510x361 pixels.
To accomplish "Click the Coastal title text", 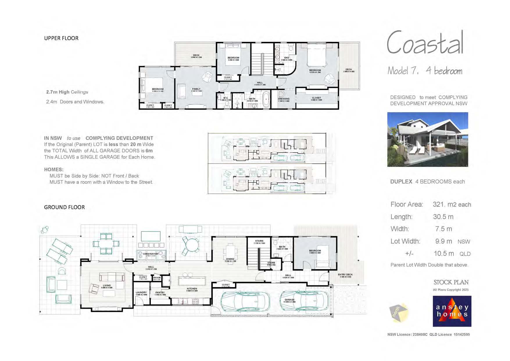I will coord(425,43).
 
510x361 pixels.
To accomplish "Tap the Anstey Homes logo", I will coord(452,311).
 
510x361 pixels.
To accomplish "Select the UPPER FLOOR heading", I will coord(61,38).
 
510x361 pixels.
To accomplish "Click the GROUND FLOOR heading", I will coord(65,207).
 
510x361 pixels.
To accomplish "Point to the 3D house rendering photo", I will coord(427,139).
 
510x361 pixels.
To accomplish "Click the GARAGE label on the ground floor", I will coord(289,300).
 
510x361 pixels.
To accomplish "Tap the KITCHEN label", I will coord(192,289).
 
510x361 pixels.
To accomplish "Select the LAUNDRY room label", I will coord(141,292).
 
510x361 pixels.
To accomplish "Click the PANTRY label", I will coord(160,292).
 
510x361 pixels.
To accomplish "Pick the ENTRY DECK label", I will coord(345,275).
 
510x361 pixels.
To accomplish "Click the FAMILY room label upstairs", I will coord(196,89).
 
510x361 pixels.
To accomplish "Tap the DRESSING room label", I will coord(284,99).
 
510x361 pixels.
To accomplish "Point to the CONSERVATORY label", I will coord(151,254).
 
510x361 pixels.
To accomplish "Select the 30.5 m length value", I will coord(443,217).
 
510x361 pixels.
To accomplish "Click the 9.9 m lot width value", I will coord(443,241).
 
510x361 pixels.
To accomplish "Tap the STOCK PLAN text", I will coord(451,282).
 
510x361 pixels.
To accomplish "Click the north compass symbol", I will coord(399,312).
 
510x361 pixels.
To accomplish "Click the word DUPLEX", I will coord(401,182).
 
